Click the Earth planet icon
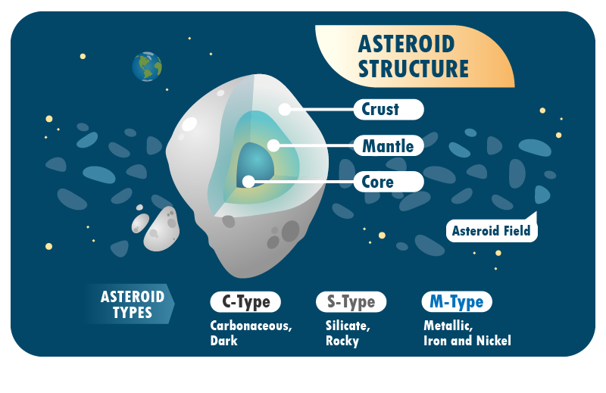(x=147, y=67)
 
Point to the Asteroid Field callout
(x=491, y=231)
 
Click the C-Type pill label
(x=245, y=302)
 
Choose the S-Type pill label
(x=351, y=302)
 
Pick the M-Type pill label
(x=456, y=302)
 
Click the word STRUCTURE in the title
(x=413, y=69)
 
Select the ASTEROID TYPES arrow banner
(x=129, y=304)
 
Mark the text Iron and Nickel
(x=467, y=341)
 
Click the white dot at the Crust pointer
(x=285, y=109)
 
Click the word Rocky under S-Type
(x=342, y=341)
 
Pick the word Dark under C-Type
(x=224, y=341)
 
